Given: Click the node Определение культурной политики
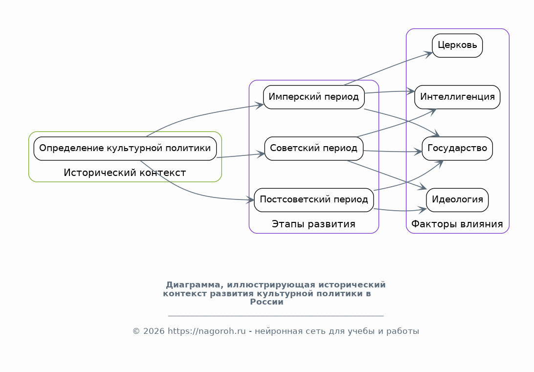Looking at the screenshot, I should tap(125, 148).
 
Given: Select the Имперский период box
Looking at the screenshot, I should tap(314, 97).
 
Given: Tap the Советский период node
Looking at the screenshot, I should tap(314, 148).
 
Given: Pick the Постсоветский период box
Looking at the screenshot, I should tap(314, 199).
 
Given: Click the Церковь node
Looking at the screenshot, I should tap(457, 45).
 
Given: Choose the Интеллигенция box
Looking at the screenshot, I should tap(457, 97).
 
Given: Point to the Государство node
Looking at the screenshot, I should tap(457, 148).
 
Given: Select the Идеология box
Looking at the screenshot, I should tap(457, 199).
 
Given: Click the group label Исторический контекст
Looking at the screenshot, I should tap(125, 173).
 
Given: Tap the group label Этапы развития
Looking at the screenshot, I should tap(313, 224).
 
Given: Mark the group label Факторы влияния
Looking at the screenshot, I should tap(457, 224).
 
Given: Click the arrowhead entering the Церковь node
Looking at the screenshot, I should tap(429, 53).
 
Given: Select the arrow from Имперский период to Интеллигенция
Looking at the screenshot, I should tap(389, 91).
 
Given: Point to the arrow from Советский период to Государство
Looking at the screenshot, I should tap(391, 152).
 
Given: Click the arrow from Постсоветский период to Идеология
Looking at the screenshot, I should tap(399, 211).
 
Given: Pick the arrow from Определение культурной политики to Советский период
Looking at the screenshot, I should tap(240, 155).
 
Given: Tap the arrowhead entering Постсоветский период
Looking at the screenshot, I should tap(251, 199).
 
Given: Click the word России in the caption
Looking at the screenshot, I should tap(267, 302).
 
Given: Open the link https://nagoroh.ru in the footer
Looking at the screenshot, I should tap(206, 331).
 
